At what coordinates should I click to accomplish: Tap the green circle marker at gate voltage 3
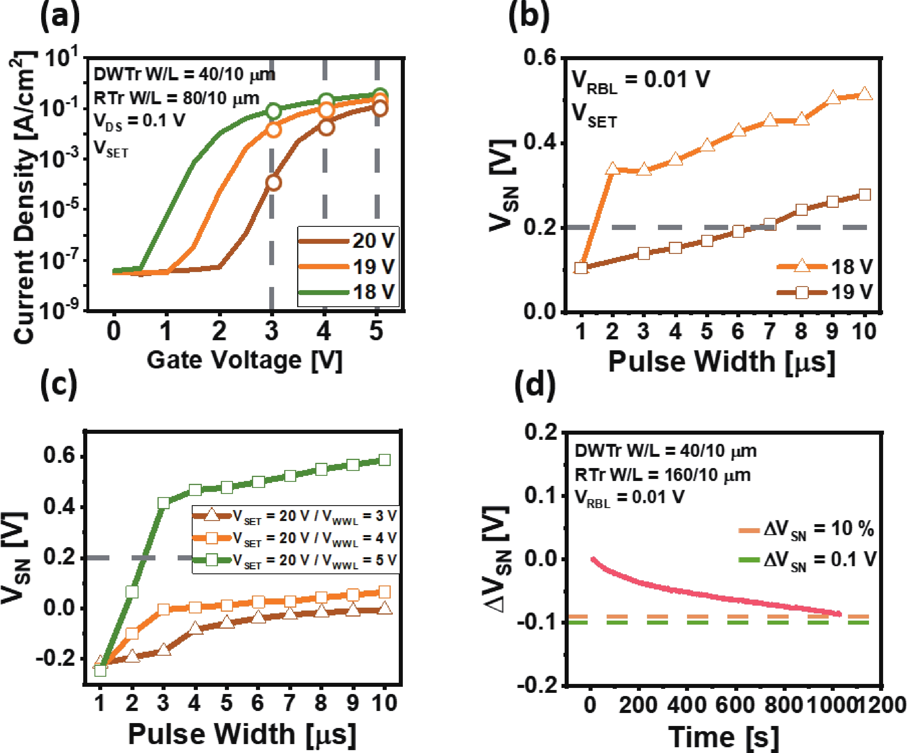[x=273, y=111]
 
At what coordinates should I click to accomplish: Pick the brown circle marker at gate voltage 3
[x=273, y=182]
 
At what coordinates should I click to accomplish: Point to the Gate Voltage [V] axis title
[x=244, y=360]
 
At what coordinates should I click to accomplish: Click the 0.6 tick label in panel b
[x=540, y=58]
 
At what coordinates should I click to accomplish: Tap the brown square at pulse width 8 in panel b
[x=801, y=210]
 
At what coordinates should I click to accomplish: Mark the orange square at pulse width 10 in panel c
[x=384, y=592]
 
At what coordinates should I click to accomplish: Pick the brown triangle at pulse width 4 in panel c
[x=195, y=628]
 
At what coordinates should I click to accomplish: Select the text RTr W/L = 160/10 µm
[x=663, y=475]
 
